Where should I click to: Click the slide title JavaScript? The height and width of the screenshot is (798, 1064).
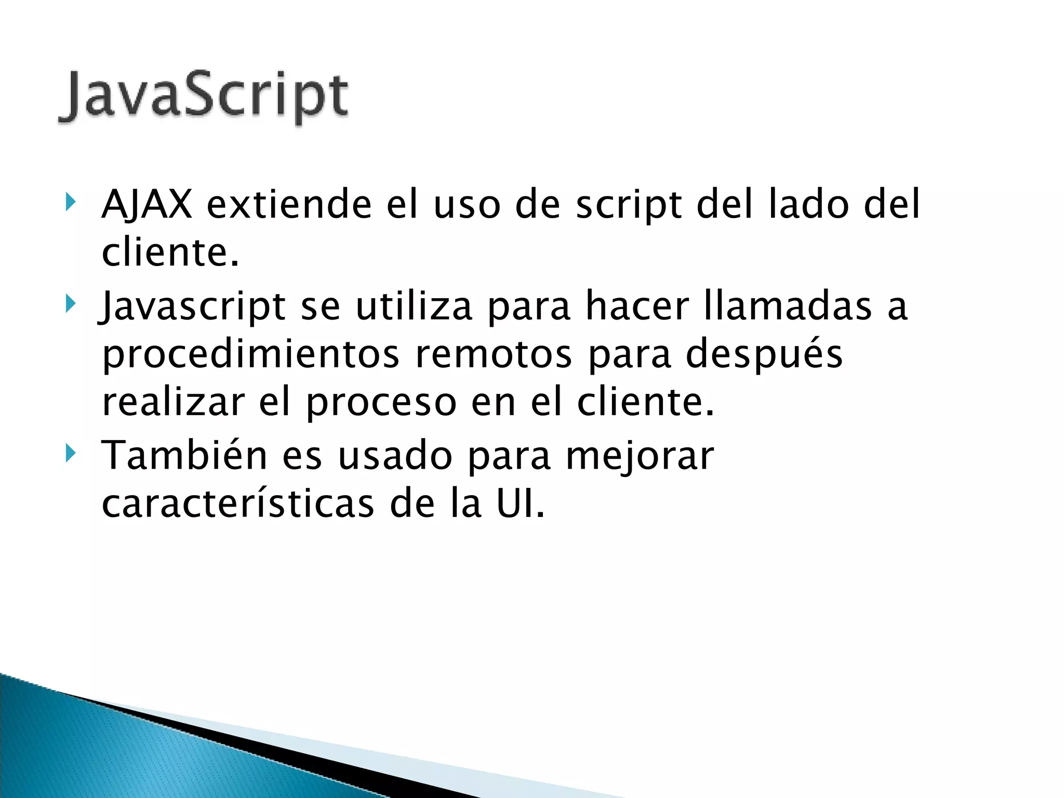[203, 97]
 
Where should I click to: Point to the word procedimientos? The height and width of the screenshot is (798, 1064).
[251, 355]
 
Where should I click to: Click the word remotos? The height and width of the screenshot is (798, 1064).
[493, 355]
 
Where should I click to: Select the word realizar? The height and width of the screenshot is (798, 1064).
[173, 403]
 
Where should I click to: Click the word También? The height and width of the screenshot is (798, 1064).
[184, 455]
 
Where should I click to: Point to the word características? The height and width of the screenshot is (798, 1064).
[237, 504]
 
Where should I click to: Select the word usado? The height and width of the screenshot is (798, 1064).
[394, 455]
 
